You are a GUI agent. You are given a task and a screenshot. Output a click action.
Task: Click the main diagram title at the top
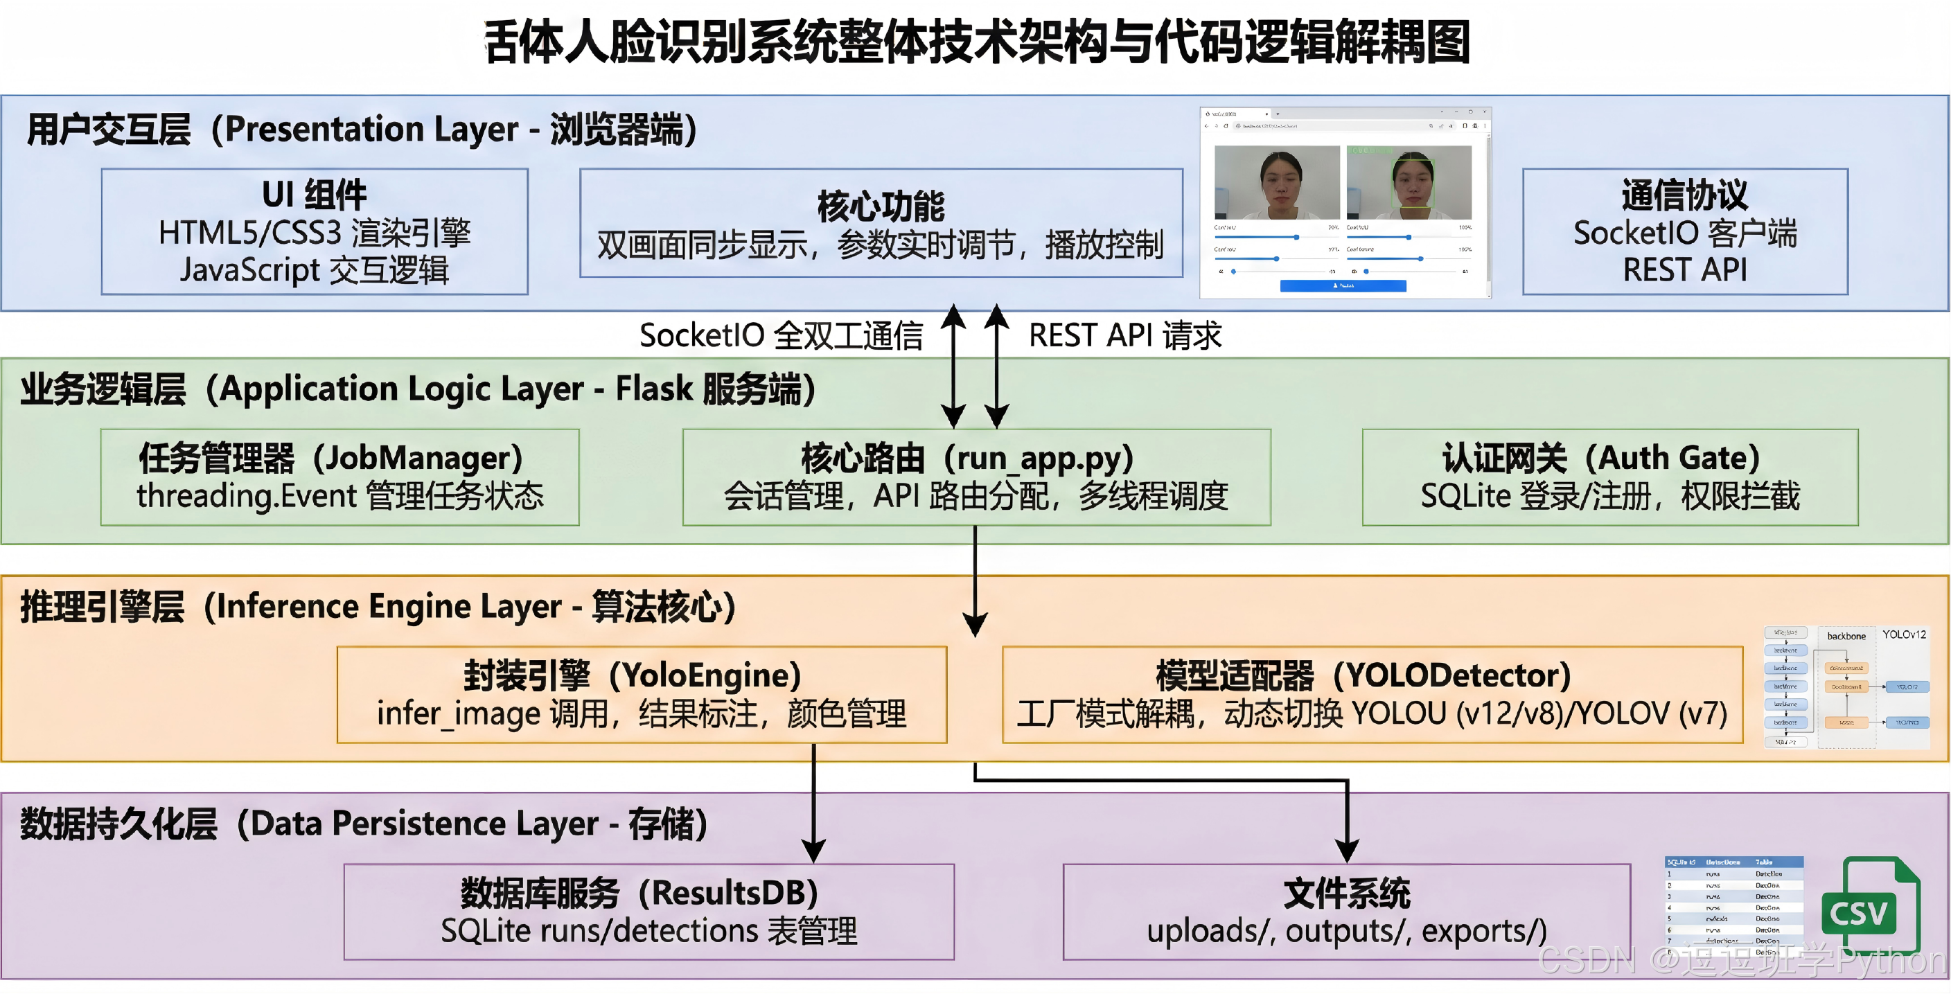click(977, 42)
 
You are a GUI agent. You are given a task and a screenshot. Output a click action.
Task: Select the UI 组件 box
click(315, 231)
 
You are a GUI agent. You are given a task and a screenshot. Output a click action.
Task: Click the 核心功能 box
click(881, 223)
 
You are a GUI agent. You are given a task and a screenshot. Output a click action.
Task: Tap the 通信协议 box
click(1684, 231)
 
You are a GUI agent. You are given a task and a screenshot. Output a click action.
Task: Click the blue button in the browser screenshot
click(1343, 285)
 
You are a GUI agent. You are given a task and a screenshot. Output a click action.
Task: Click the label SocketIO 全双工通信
click(781, 335)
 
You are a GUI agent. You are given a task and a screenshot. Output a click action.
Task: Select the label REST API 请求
click(1124, 335)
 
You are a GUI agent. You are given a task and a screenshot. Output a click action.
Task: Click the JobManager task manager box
click(339, 477)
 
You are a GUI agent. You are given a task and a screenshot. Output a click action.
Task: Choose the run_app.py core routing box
click(975, 477)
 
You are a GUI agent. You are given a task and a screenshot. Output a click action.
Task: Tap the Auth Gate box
click(1609, 477)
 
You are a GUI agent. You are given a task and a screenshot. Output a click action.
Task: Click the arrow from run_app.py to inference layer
click(975, 583)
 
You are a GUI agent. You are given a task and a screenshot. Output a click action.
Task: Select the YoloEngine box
click(642, 694)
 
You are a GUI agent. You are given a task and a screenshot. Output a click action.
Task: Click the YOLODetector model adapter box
click(1372, 694)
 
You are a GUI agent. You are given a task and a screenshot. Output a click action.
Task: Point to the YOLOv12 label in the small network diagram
click(1903, 634)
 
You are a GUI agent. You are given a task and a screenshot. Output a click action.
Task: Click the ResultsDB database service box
click(648, 912)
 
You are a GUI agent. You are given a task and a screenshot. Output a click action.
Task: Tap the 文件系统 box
click(1346, 912)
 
